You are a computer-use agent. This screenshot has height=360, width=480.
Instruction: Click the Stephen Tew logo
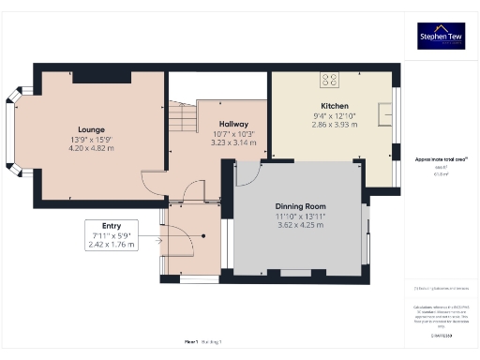(x=441, y=36)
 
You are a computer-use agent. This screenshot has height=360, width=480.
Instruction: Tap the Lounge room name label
(x=91, y=129)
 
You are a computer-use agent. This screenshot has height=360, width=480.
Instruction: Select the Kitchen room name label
(x=335, y=106)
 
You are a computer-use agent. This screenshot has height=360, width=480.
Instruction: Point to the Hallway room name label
(x=233, y=124)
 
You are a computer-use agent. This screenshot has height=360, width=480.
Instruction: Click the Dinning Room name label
(x=300, y=205)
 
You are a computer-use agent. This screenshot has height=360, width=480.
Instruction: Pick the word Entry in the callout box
(x=111, y=225)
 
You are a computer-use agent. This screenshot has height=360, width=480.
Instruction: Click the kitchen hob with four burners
(x=331, y=80)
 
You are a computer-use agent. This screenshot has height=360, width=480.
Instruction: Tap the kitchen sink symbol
(x=384, y=114)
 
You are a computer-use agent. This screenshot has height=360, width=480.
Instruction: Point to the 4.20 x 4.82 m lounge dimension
(x=91, y=148)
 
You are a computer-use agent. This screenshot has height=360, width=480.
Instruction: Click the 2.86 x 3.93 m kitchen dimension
(x=335, y=125)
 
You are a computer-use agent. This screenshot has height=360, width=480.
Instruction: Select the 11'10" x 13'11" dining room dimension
(x=300, y=217)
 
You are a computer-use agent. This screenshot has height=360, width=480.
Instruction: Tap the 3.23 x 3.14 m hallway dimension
(x=233, y=142)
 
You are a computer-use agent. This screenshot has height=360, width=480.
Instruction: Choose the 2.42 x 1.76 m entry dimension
(x=112, y=245)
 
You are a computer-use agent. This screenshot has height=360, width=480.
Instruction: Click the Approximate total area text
(x=436, y=160)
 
